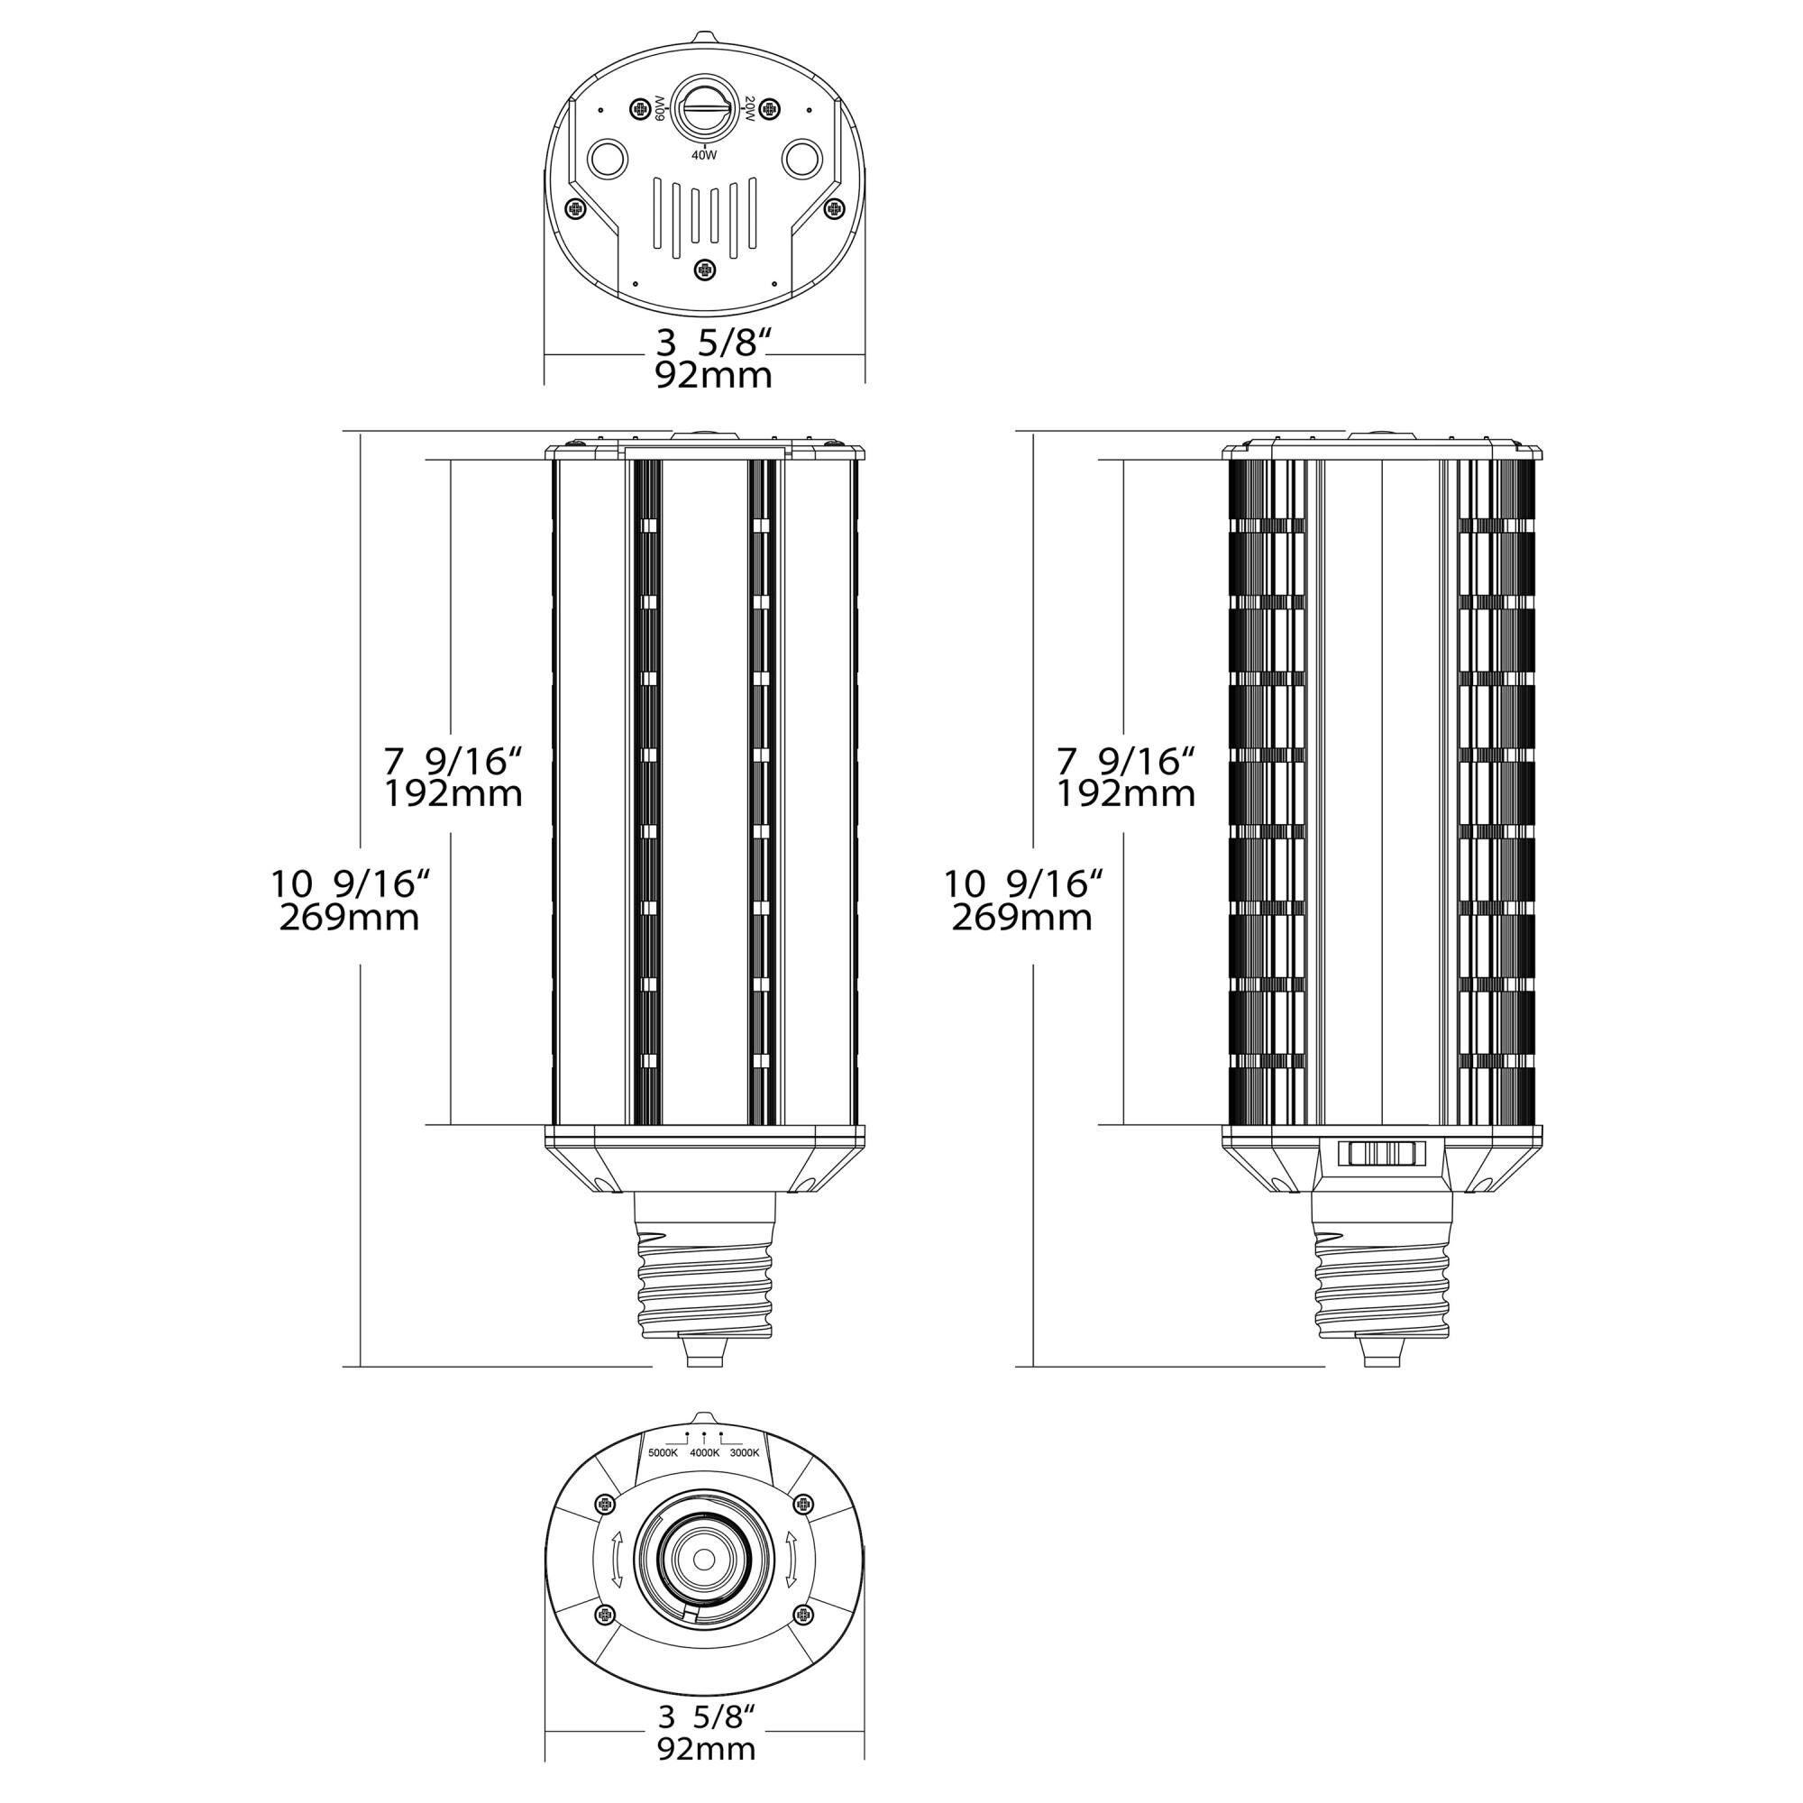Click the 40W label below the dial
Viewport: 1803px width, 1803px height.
point(704,156)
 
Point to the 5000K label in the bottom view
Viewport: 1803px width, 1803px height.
point(663,1452)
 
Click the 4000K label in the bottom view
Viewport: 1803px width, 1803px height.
point(705,1452)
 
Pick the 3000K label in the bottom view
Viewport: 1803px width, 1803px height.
point(746,1452)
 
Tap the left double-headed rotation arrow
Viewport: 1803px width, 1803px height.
point(616,1559)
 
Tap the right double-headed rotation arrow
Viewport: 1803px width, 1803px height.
point(792,1559)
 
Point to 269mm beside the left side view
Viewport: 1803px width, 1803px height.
point(349,919)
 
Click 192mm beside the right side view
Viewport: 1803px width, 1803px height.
point(1125,794)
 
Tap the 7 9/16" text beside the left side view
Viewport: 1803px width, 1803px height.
point(452,762)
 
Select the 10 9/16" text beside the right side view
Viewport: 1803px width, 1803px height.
point(1024,883)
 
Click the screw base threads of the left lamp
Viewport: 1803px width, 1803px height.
point(706,1292)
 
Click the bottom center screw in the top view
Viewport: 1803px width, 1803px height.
point(705,270)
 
